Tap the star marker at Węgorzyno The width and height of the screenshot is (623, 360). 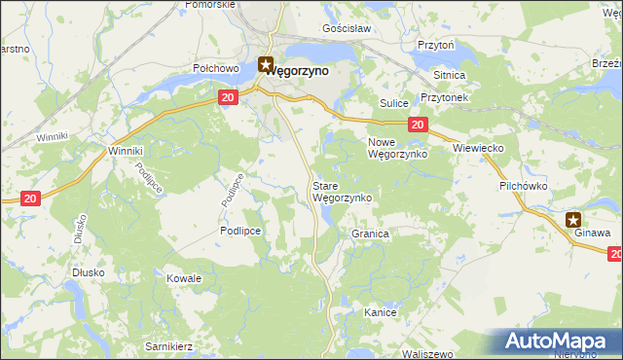[266, 65]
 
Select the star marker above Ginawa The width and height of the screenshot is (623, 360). [574, 220]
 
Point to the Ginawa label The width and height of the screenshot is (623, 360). [592, 234]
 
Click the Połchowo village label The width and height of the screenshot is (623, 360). [216, 69]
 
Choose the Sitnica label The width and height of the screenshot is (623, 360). [450, 75]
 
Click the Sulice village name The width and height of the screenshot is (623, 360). [391, 101]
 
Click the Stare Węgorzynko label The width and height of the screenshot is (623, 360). [341, 191]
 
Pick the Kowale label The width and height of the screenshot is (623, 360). [184, 278]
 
